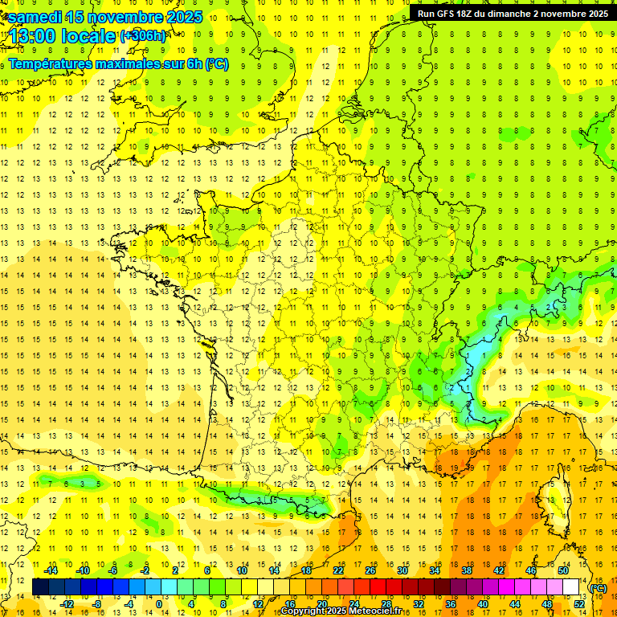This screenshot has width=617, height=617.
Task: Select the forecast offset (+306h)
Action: click(x=143, y=35)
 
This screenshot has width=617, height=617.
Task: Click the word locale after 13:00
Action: click(x=90, y=36)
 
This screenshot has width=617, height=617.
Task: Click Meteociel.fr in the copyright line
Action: click(x=381, y=611)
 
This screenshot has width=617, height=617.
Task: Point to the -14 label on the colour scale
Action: click(x=51, y=570)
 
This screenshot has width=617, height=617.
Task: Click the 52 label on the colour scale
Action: click(x=579, y=604)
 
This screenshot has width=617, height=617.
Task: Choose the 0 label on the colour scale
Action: click(x=159, y=604)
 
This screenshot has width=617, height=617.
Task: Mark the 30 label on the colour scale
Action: click(x=402, y=570)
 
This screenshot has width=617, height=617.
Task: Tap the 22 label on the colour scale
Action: click(x=338, y=570)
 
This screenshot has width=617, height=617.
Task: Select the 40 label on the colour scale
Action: click(x=483, y=604)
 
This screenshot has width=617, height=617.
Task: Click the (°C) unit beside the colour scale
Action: click(x=599, y=588)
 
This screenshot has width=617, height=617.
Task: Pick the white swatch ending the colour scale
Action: click(x=571, y=587)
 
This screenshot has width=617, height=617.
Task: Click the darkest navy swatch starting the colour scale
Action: click(x=40, y=587)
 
